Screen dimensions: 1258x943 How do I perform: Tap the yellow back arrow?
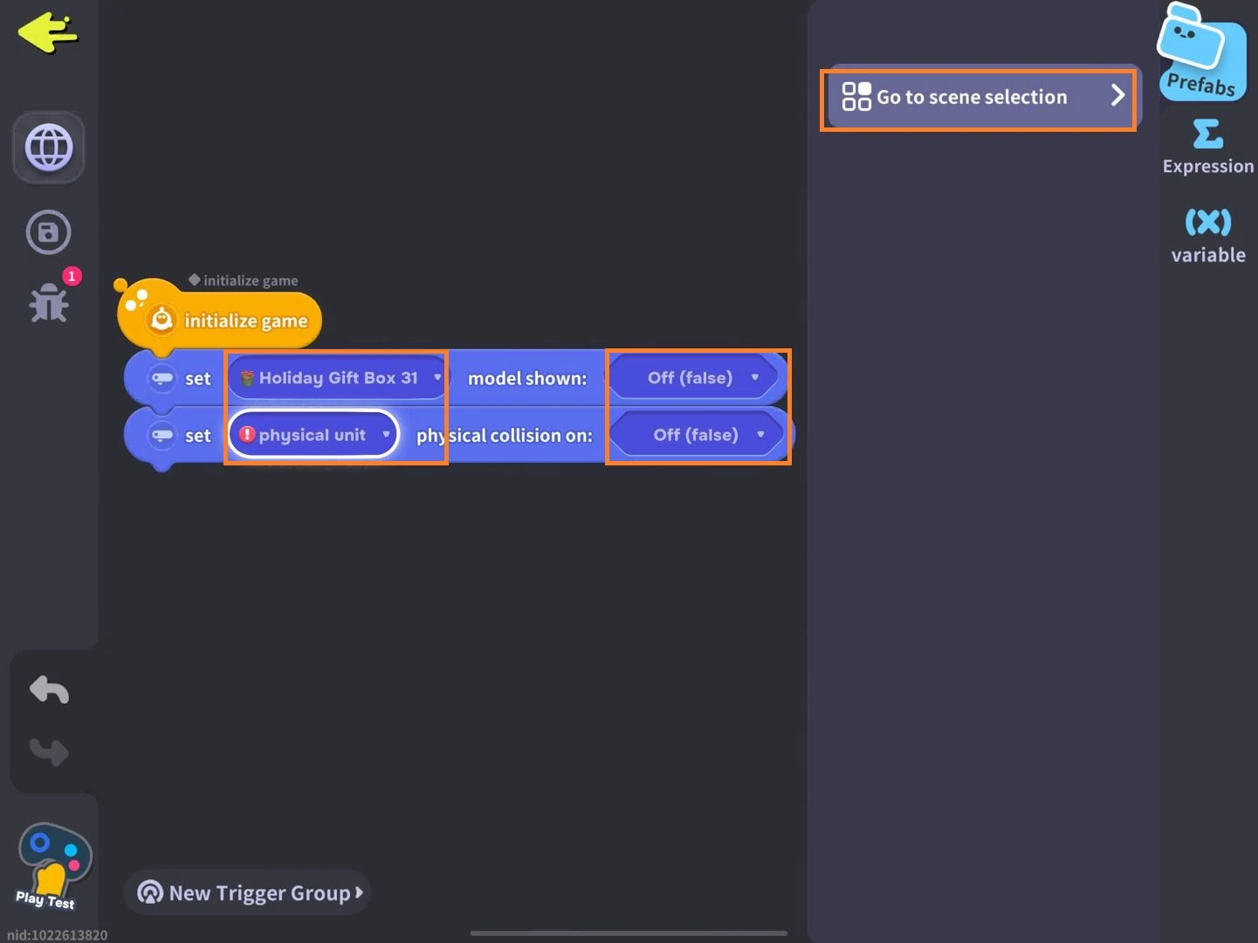click(48, 32)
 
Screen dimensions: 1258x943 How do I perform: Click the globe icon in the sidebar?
click(49, 148)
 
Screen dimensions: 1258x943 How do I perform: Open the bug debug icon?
click(49, 302)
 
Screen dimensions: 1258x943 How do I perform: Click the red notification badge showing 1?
click(72, 276)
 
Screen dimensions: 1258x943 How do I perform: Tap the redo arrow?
click(49, 752)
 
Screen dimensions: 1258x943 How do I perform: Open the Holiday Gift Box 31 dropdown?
click(338, 378)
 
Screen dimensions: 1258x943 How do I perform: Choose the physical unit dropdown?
click(313, 435)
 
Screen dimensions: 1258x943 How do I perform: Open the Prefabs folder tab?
click(1202, 52)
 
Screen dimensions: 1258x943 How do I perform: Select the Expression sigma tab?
click(1207, 146)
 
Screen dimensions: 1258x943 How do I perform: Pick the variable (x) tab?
click(1207, 235)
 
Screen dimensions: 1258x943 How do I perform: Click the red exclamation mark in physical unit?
click(246, 434)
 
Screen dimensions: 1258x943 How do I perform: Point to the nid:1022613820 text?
click(57, 935)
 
